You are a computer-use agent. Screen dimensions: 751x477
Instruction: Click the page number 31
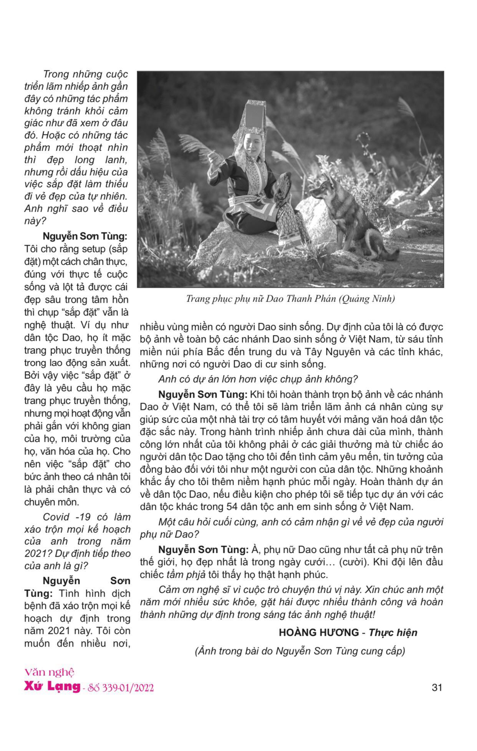(x=437, y=687)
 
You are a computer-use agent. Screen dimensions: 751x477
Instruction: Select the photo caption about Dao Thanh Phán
(x=290, y=298)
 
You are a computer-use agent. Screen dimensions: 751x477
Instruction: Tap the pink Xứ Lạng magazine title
(x=52, y=687)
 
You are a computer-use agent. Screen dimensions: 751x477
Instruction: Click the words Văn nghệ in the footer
(x=49, y=672)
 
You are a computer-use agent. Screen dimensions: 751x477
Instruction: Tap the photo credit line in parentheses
(x=300, y=651)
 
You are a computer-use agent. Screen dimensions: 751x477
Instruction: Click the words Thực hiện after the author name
(x=393, y=632)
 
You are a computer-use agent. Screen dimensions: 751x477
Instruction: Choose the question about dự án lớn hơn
(x=258, y=379)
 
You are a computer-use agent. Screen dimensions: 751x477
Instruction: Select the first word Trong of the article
(x=55, y=74)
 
